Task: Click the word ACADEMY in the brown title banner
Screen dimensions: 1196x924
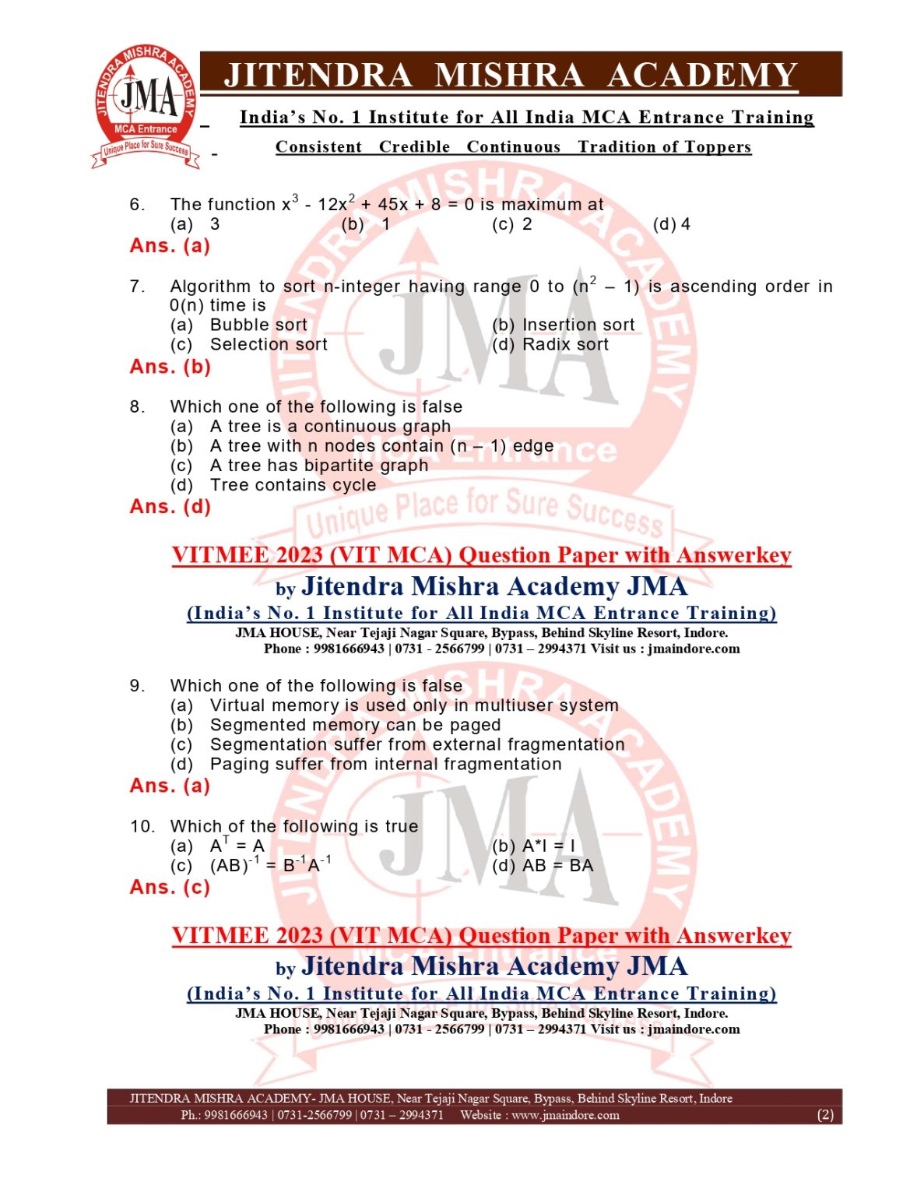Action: (x=702, y=76)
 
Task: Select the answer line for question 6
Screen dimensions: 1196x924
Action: (x=170, y=246)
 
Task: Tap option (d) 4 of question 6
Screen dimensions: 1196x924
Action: (x=672, y=224)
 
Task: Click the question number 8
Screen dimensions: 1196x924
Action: (x=137, y=406)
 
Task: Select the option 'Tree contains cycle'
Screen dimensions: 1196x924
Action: (x=293, y=485)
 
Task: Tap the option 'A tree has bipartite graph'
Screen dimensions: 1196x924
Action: (x=318, y=466)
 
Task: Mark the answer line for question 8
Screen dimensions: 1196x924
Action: (x=170, y=507)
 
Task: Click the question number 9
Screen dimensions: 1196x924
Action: (x=137, y=686)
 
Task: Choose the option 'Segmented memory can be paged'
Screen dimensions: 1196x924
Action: (x=355, y=725)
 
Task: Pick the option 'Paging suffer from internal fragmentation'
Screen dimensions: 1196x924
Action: (x=385, y=764)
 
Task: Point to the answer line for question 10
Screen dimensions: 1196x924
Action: (x=170, y=888)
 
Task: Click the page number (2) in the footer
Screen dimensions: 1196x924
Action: (x=825, y=1115)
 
